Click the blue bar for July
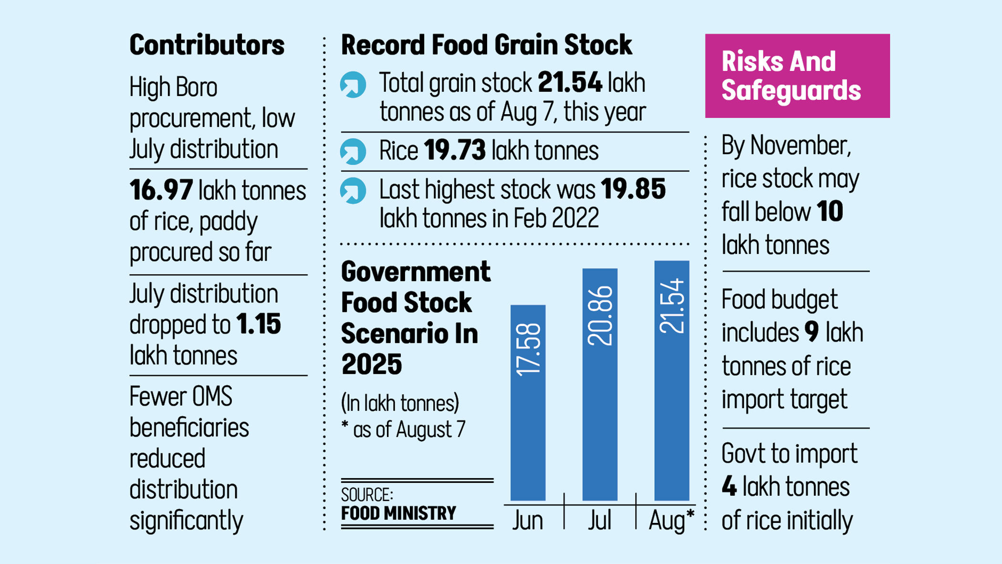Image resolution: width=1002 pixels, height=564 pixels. tap(600, 406)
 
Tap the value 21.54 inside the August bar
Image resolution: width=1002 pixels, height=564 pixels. tap(672, 306)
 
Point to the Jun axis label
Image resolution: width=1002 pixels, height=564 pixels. tap(527, 520)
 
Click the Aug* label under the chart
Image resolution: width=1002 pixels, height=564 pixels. tap(671, 520)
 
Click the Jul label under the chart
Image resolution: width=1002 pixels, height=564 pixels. tap(599, 520)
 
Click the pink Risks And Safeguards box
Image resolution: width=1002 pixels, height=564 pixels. tap(797, 76)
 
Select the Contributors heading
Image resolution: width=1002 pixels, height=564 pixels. tap(207, 45)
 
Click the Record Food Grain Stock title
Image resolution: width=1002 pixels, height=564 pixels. tap(486, 45)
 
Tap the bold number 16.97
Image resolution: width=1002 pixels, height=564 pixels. tap(161, 191)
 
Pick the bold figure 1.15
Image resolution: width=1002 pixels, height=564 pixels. tap(258, 324)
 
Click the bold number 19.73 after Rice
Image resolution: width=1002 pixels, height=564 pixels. tap(454, 150)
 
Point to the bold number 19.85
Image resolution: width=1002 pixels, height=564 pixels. tap(633, 189)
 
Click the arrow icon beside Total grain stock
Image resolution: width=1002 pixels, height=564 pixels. tap(353, 85)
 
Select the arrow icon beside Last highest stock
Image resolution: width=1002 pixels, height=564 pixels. tap(353, 191)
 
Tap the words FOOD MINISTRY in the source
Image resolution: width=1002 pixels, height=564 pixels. tap(398, 513)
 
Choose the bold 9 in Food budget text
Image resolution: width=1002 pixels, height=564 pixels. tap(811, 332)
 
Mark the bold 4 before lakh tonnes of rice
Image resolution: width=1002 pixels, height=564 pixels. tap(729, 487)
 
